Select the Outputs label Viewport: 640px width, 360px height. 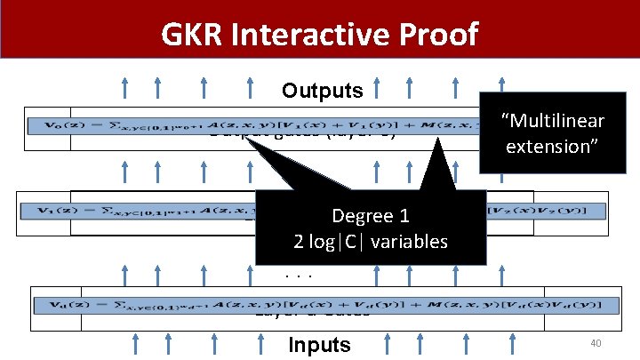click(322, 91)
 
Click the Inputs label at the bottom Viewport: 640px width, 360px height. click(320, 345)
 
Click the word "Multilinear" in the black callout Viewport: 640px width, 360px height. click(553, 120)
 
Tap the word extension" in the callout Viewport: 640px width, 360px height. click(553, 145)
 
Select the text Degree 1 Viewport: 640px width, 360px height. click(370, 216)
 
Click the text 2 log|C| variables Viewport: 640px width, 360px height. click(371, 241)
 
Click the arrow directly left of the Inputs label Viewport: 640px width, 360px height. click(264, 344)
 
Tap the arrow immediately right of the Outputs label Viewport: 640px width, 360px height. click(377, 89)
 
